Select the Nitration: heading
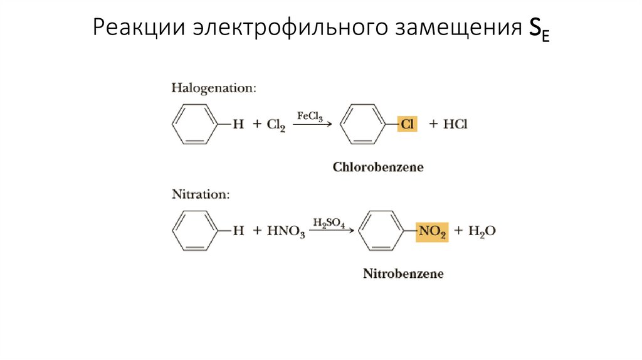click(201, 194)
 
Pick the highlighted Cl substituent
click(408, 124)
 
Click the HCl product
click(456, 124)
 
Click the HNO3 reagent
click(286, 231)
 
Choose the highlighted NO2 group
click(432, 231)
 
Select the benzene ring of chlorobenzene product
click(361, 124)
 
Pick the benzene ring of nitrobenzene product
click(380, 231)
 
